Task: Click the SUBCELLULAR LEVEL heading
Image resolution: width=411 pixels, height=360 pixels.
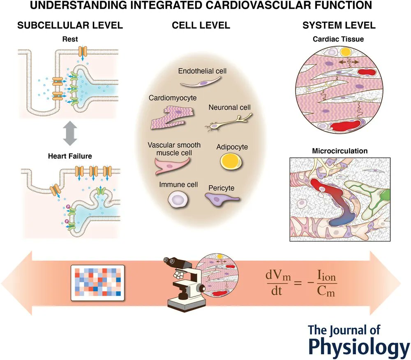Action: [70, 26]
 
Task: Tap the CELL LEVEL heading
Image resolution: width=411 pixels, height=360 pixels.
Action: [201, 26]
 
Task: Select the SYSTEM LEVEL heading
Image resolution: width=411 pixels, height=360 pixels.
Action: [339, 26]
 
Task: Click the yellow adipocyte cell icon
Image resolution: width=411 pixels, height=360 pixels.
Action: [227, 161]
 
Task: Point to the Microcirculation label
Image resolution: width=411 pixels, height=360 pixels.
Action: [339, 151]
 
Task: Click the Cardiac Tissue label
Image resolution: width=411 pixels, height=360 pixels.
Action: [339, 39]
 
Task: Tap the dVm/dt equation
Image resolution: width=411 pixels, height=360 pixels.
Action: [300, 284]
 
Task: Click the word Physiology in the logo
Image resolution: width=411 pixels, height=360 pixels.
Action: [359, 346]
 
